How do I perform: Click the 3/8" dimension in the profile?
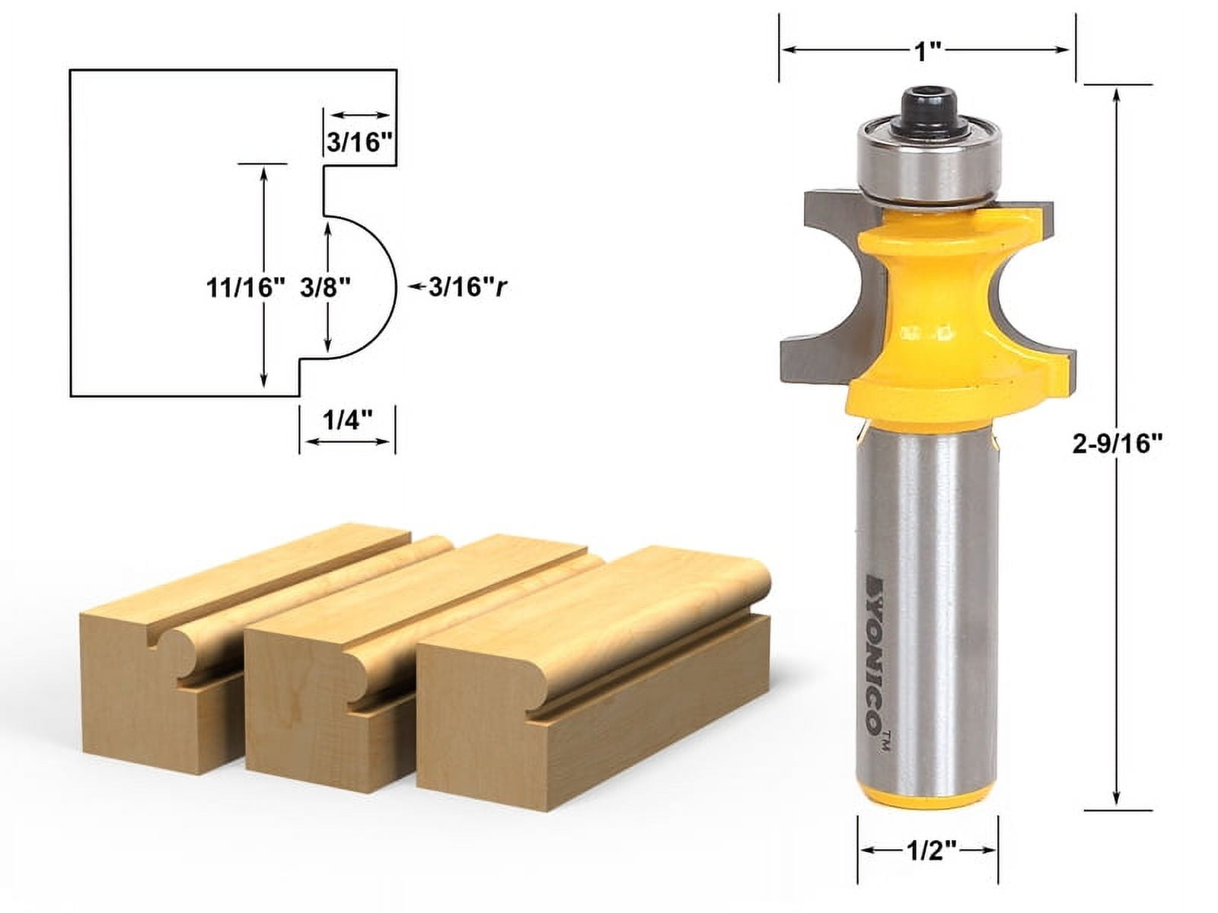click(x=325, y=288)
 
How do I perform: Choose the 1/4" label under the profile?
click(x=346, y=421)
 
